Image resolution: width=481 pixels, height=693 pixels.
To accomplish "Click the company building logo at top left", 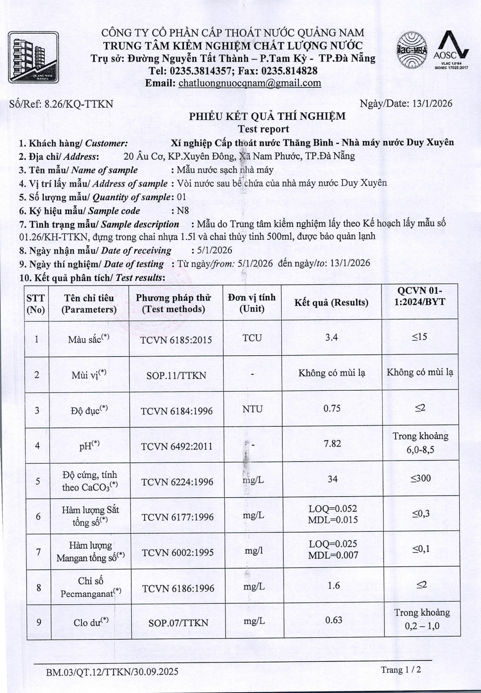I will click(x=33, y=57).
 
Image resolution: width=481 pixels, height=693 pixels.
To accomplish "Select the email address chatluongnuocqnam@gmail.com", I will click(x=250, y=83).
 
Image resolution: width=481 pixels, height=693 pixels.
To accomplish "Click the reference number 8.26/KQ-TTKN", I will click(x=79, y=104).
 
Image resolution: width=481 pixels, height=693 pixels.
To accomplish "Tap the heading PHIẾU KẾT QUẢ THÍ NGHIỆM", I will click(x=267, y=116).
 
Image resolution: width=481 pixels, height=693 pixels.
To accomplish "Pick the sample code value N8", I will click(x=183, y=211).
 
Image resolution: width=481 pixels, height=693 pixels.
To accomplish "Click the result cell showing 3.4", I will click(x=331, y=337).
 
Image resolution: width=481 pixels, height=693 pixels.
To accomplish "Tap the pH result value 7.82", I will click(x=332, y=444).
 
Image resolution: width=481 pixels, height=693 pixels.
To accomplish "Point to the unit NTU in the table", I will click(x=252, y=409).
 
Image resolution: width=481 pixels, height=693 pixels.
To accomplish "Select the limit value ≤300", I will click(x=420, y=479).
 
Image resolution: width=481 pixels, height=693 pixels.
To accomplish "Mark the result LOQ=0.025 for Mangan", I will click(x=333, y=544).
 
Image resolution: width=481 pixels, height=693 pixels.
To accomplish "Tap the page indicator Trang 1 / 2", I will click(x=401, y=670).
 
